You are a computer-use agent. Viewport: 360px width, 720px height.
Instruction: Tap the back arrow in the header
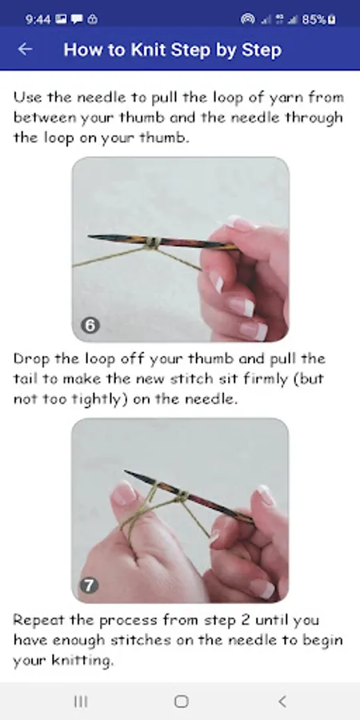(x=25, y=49)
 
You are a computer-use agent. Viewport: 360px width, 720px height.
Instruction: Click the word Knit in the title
(x=149, y=50)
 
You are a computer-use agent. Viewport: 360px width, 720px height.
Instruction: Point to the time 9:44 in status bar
(x=38, y=19)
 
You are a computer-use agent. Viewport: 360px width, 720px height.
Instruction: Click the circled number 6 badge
(x=90, y=326)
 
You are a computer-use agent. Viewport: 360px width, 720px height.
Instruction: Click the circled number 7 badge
(x=89, y=586)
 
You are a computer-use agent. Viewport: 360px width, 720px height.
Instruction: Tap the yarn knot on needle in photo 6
(x=153, y=243)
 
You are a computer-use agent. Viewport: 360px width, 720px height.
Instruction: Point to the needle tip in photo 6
(x=89, y=237)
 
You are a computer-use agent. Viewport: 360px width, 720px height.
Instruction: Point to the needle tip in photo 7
(x=126, y=471)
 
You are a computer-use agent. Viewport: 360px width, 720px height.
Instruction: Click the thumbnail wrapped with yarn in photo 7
(x=123, y=494)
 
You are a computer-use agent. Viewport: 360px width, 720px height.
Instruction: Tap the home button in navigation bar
(x=182, y=701)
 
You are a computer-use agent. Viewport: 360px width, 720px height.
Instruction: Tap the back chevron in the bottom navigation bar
(x=282, y=701)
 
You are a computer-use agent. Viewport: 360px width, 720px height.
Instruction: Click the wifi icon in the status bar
(x=248, y=19)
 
